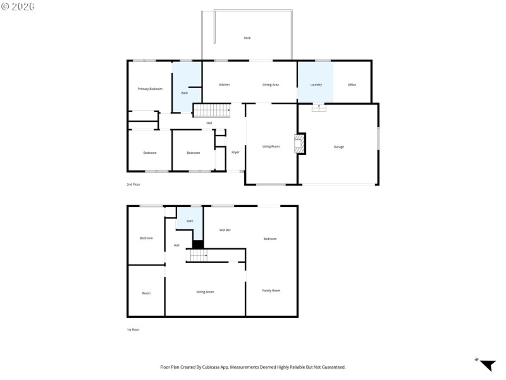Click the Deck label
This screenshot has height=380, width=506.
[x=247, y=38]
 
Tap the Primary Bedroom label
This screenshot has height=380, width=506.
[x=150, y=89]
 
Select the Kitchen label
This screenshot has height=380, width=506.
[x=224, y=84]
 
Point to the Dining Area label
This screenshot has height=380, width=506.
[x=271, y=84]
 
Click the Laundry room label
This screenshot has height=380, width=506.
[x=316, y=84]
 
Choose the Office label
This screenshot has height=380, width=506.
[x=352, y=84]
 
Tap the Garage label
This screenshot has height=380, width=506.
[x=339, y=146]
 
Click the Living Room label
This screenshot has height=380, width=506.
[x=271, y=146]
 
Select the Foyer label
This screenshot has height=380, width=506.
[x=235, y=152]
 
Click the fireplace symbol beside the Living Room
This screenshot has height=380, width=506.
[x=300, y=144]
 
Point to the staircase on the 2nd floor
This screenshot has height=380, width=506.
[x=211, y=111]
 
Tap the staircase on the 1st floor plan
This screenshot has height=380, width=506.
[x=199, y=255]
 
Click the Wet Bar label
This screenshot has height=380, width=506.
[x=225, y=230]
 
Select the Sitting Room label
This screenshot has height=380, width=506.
[x=205, y=292]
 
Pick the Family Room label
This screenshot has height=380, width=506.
[x=271, y=290]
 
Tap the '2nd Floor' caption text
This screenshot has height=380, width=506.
[x=133, y=184]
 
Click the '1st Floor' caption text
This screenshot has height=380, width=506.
[x=133, y=330]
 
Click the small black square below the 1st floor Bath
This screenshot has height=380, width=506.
[x=198, y=244]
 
